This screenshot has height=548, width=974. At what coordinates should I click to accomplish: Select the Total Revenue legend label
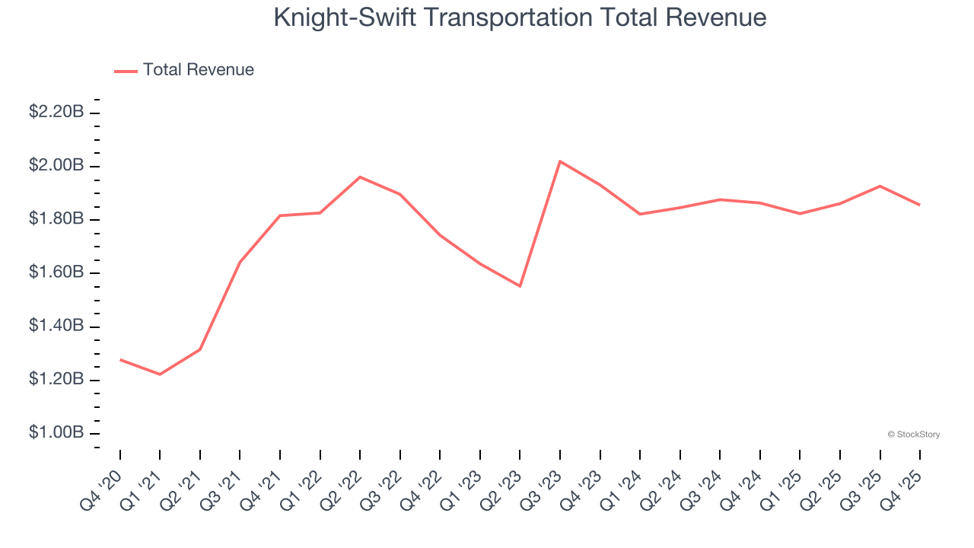pyautogui.click(x=198, y=70)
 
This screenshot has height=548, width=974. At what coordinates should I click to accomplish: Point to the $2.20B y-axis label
pyautogui.click(x=56, y=112)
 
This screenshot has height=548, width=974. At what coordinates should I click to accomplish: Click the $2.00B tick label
pyautogui.click(x=56, y=165)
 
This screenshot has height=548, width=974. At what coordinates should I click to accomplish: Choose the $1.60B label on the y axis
pyautogui.click(x=56, y=272)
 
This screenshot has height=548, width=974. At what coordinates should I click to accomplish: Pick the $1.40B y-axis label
pyautogui.click(x=56, y=326)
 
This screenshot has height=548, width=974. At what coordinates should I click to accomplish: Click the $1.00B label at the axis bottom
pyautogui.click(x=56, y=432)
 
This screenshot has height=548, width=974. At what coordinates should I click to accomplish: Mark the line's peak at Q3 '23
pyautogui.click(x=560, y=161)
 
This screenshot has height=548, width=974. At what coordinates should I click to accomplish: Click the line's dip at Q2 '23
pyautogui.click(x=520, y=286)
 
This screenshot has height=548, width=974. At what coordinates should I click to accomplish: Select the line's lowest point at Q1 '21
pyautogui.click(x=160, y=374)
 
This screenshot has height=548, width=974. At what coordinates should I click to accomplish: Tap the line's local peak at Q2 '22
pyautogui.click(x=360, y=177)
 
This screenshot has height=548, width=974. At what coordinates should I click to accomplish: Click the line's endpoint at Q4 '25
pyautogui.click(x=920, y=205)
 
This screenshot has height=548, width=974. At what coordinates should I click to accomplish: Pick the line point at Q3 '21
pyautogui.click(x=240, y=262)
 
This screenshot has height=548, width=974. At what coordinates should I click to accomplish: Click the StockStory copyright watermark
pyautogui.click(x=913, y=435)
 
